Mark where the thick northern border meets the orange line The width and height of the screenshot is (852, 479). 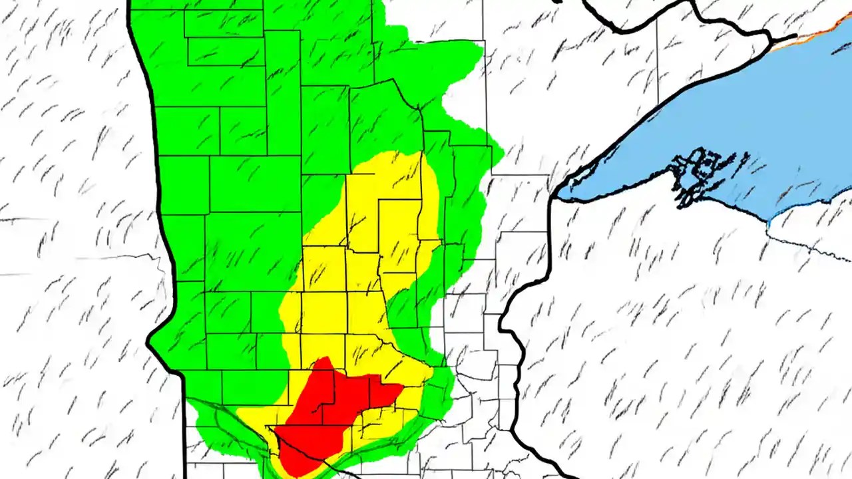pos(795,37)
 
